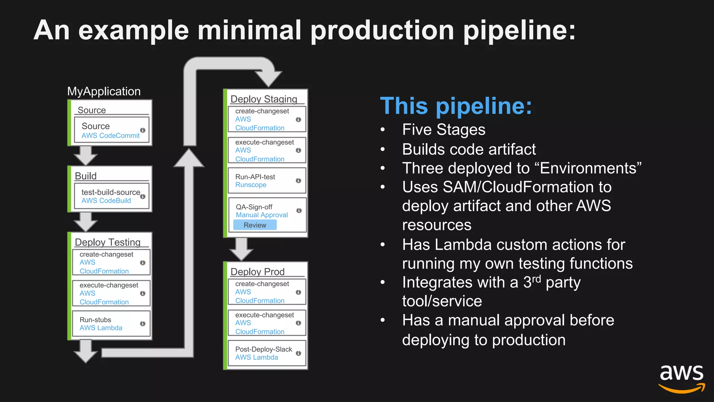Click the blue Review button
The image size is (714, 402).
pos(255,225)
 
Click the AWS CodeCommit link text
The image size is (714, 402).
pos(111,136)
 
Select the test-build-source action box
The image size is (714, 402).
pos(112,196)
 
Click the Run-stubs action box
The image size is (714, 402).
pos(111,324)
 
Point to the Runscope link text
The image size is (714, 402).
pos(251,185)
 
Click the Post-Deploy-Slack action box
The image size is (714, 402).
pos(267,353)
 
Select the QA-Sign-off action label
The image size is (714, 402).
pos(254,207)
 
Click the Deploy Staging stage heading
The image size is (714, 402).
pos(264,99)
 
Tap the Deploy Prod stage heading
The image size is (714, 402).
pos(258,271)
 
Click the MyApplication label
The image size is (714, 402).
pos(104,91)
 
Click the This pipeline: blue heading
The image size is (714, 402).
pos(456,106)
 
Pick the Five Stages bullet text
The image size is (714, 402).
pos(443,130)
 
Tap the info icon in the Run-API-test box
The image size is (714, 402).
pos(298,181)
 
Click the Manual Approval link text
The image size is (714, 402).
pos(262,215)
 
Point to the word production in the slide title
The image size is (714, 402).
pos(382,31)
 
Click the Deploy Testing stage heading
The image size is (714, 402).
pos(108,242)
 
